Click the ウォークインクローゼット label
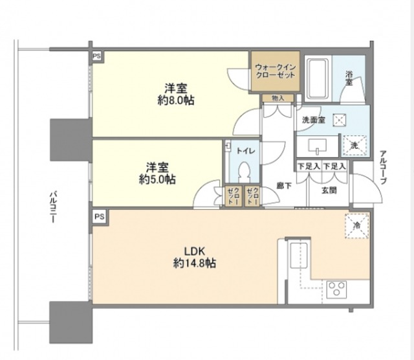(x=275, y=70)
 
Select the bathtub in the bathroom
(x=318, y=78)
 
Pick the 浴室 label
(x=349, y=79)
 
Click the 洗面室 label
(x=313, y=120)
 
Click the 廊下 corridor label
(x=283, y=185)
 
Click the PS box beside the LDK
(x=99, y=216)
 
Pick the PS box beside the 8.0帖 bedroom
(x=97, y=56)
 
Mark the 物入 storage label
(x=278, y=98)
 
